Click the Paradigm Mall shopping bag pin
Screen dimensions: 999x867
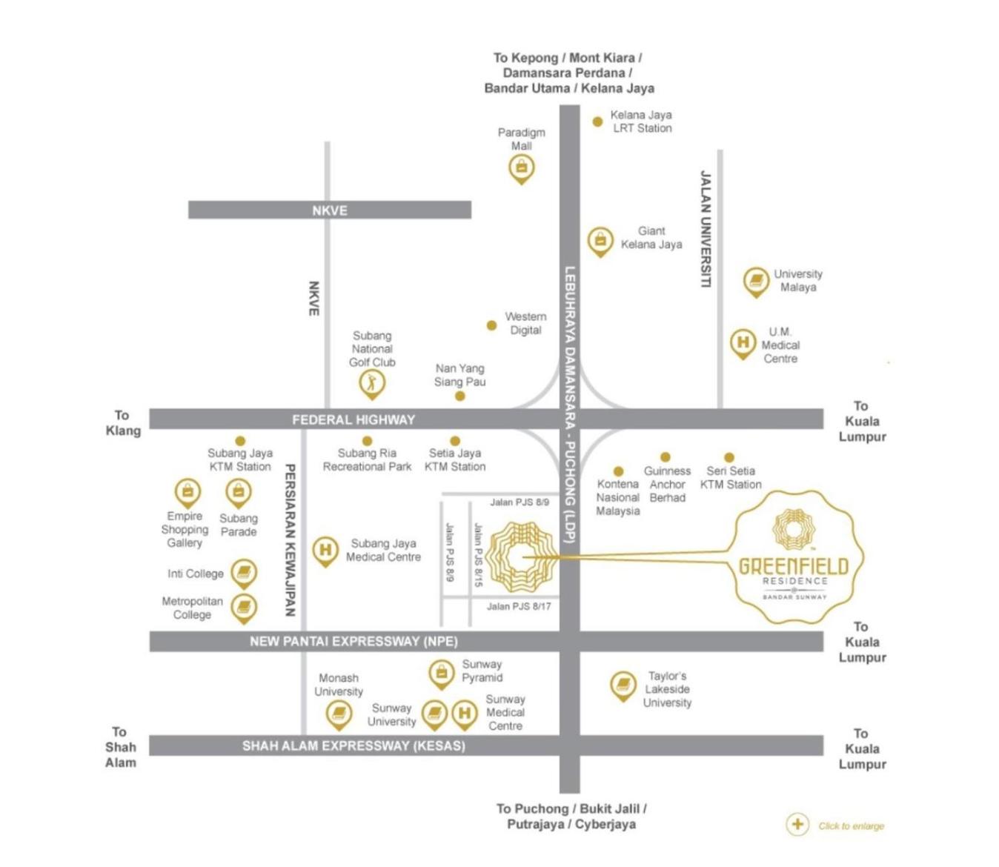(x=521, y=168)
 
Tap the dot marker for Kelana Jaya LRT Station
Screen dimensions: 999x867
(x=597, y=122)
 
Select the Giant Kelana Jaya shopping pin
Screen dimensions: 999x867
(x=600, y=241)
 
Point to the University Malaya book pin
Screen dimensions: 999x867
(x=756, y=282)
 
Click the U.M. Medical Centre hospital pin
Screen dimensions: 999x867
(x=743, y=344)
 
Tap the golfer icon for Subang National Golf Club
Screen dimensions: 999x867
(x=371, y=384)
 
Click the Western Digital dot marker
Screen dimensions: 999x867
(x=491, y=325)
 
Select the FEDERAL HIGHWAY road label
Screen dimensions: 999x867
(x=354, y=420)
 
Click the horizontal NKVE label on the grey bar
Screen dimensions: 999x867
(x=330, y=210)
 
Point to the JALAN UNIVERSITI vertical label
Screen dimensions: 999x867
(x=705, y=229)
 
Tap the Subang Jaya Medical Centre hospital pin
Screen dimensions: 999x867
(x=325, y=551)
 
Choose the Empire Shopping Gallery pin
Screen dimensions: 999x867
(x=187, y=493)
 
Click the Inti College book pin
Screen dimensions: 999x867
(x=244, y=574)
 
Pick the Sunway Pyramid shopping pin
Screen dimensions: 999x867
(x=442, y=674)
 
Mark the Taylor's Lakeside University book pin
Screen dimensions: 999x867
(x=623, y=685)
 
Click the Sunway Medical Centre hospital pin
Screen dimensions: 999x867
(x=465, y=714)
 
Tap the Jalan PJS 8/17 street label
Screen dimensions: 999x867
(x=519, y=606)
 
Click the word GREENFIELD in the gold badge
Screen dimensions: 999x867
(x=794, y=566)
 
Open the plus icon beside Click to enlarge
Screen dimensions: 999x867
(x=797, y=825)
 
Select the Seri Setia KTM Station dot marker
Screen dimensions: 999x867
(x=729, y=457)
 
